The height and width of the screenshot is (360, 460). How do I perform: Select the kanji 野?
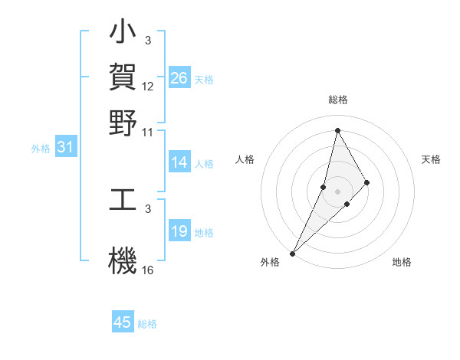tap(123, 123)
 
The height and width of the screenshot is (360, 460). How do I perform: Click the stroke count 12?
tap(148, 87)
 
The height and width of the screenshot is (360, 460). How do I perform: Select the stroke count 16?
tap(148, 270)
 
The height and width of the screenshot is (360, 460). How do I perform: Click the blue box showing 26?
tap(179, 78)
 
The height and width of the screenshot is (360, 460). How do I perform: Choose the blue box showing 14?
tap(179, 162)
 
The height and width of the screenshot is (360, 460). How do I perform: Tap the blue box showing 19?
tap(179, 231)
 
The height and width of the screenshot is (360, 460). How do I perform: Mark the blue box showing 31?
tap(65, 148)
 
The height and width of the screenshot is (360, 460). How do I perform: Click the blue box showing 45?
tap(123, 322)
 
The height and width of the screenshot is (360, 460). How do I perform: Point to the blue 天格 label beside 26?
tap(204, 80)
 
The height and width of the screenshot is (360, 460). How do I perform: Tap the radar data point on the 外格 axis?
tap(292, 253)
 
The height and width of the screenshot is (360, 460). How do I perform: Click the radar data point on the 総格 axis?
tap(337, 131)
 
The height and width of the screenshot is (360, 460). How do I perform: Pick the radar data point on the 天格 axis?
tap(367, 182)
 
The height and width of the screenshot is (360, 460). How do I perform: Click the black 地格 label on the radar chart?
tap(402, 262)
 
